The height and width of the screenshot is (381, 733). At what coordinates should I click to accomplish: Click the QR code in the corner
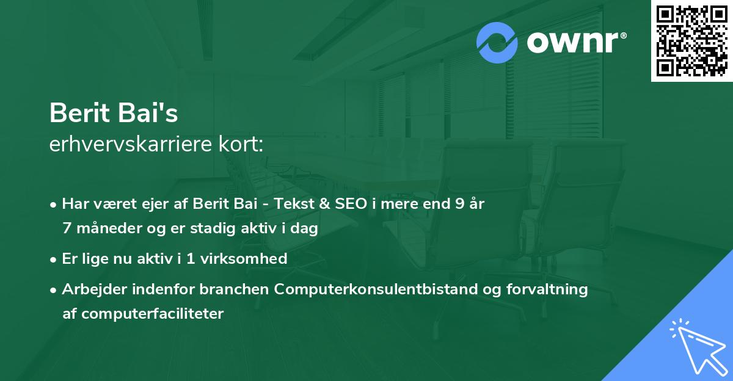point(691,40)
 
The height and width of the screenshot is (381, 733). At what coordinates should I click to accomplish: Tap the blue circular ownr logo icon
point(497,42)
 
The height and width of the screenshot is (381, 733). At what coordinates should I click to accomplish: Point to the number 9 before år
point(459,204)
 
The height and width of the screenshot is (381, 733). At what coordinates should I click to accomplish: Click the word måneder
point(104,228)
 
